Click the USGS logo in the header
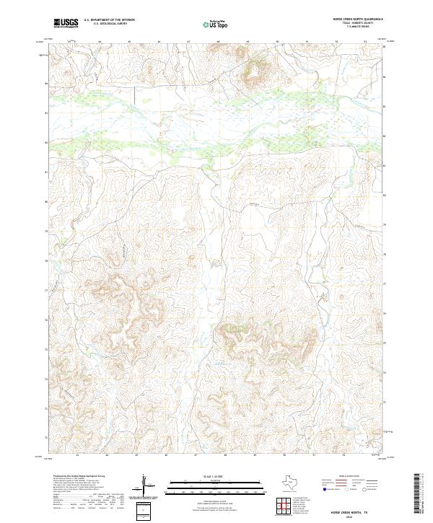(x=66, y=23)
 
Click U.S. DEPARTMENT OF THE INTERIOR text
(x=109, y=20)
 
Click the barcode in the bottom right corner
(x=420, y=496)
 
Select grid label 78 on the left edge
(x=47, y=261)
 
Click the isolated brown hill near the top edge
(x=253, y=70)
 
